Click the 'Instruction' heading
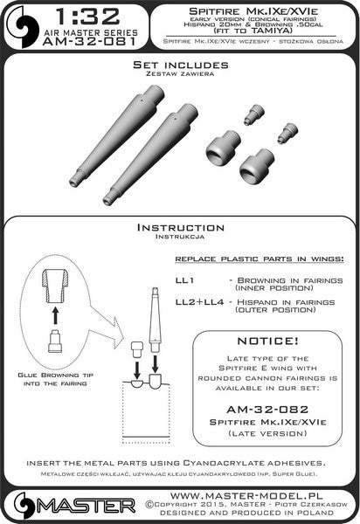pyautogui.click(x=179, y=227)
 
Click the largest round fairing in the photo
pyautogui.click(x=253, y=163)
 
